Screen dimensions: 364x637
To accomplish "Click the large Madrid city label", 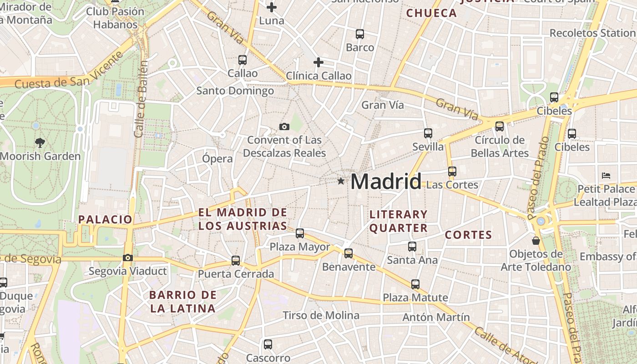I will click(x=386, y=182).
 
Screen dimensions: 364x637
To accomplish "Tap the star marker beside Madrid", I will click(x=341, y=181).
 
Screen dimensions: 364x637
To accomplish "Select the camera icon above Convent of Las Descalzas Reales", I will click(x=284, y=126).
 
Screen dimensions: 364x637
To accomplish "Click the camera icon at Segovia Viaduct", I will click(x=128, y=258).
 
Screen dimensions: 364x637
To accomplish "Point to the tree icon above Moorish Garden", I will click(x=40, y=142).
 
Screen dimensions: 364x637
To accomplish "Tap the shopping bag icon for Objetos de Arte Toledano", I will click(x=536, y=240).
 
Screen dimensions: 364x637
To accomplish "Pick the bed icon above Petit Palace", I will click(x=606, y=175).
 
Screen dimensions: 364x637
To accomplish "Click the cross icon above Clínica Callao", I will click(x=318, y=62).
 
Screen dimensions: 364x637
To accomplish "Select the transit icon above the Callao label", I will click(x=243, y=60).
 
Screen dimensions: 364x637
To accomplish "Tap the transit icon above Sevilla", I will click(x=428, y=133).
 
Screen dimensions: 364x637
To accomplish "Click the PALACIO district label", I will click(x=105, y=219).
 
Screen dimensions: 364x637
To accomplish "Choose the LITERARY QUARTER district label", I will click(x=399, y=221).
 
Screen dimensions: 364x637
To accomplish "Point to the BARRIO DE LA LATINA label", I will click(x=182, y=301).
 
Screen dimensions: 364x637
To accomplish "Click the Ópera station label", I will click(x=217, y=159).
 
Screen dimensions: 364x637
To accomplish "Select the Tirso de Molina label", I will click(x=321, y=315).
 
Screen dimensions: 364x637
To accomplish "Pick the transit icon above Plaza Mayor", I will click(x=300, y=233).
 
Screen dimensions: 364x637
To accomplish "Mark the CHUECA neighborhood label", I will click(x=431, y=13).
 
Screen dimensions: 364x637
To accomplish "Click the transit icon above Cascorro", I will click(x=268, y=344).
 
